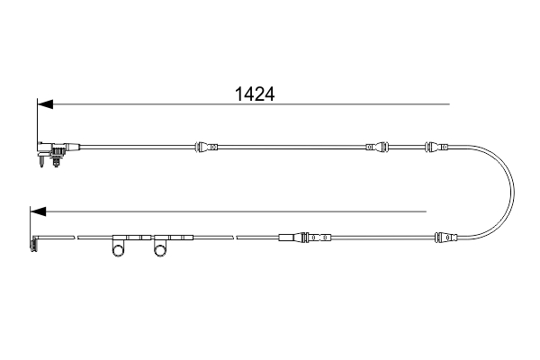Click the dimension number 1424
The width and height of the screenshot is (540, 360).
(254, 92)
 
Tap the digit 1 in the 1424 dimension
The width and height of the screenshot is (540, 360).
(239, 92)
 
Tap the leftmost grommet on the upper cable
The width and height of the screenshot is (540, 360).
(205, 146)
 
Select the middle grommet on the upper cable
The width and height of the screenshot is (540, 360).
(378, 146)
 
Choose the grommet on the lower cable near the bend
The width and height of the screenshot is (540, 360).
(446, 238)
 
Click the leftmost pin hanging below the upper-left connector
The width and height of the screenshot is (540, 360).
(42, 163)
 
